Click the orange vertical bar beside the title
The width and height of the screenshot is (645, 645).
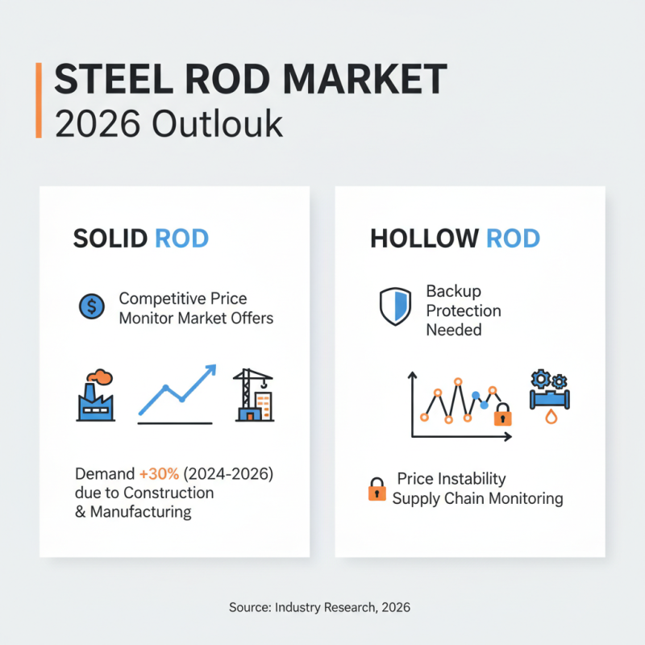click(39, 100)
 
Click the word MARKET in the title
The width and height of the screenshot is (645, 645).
click(365, 79)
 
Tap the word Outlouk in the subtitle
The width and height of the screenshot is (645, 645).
click(217, 123)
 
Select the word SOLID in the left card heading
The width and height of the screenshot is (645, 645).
click(110, 238)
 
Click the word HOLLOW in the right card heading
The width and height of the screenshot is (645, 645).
click(425, 238)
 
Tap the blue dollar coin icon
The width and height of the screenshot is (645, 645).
click(92, 306)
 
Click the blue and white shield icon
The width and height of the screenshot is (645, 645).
click(395, 306)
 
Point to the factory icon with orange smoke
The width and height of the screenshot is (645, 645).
click(95, 395)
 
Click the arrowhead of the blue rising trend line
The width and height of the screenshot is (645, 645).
click(210, 370)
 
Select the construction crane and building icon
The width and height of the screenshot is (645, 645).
click(253, 395)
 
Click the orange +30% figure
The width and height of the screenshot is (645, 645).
click(159, 474)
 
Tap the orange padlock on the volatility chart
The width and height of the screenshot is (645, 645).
click(502, 414)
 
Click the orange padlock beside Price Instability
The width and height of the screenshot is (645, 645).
click(377, 489)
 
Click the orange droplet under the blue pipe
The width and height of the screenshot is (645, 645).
click(551, 417)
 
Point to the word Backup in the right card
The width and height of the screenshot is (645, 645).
click(453, 291)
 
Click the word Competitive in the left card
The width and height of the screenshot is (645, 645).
click(162, 298)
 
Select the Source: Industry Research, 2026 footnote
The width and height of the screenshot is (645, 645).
click(319, 607)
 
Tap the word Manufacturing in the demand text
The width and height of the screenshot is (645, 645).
click(140, 512)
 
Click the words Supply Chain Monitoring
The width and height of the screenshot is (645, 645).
click(477, 498)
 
